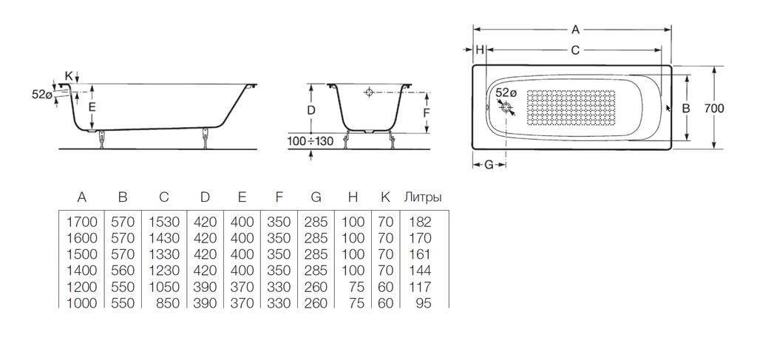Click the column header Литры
pos(423,197)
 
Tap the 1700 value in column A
pos(81,221)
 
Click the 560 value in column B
pos(123,270)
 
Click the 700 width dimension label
pos(713,108)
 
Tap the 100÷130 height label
pos(311,140)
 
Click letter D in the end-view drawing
pos(311,109)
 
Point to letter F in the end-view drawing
pos(426,112)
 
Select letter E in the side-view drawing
pos(92,106)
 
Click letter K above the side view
pos(69,75)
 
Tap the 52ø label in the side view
pos(42,95)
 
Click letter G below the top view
pos(488,164)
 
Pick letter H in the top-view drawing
pos(480,50)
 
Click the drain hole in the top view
pos(506,108)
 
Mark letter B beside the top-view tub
pos(685,108)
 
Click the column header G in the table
pos(316,197)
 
